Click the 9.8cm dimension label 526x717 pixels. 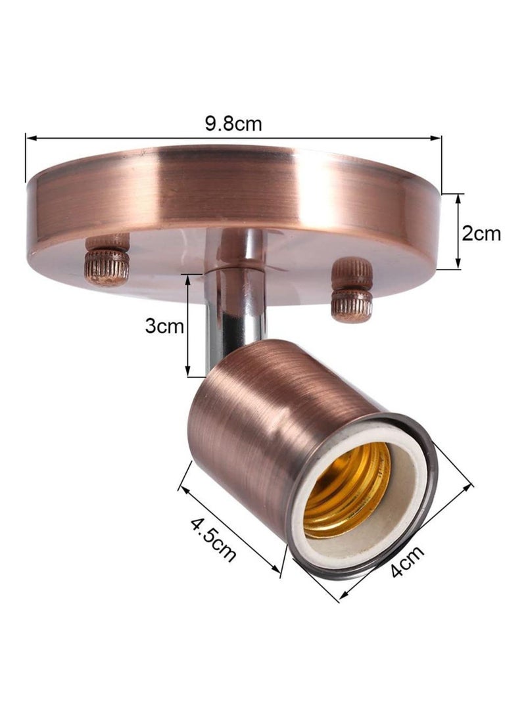tap(233, 124)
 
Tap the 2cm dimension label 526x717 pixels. tap(481, 233)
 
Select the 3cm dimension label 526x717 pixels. tap(164, 327)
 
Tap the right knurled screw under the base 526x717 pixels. tap(352, 290)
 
